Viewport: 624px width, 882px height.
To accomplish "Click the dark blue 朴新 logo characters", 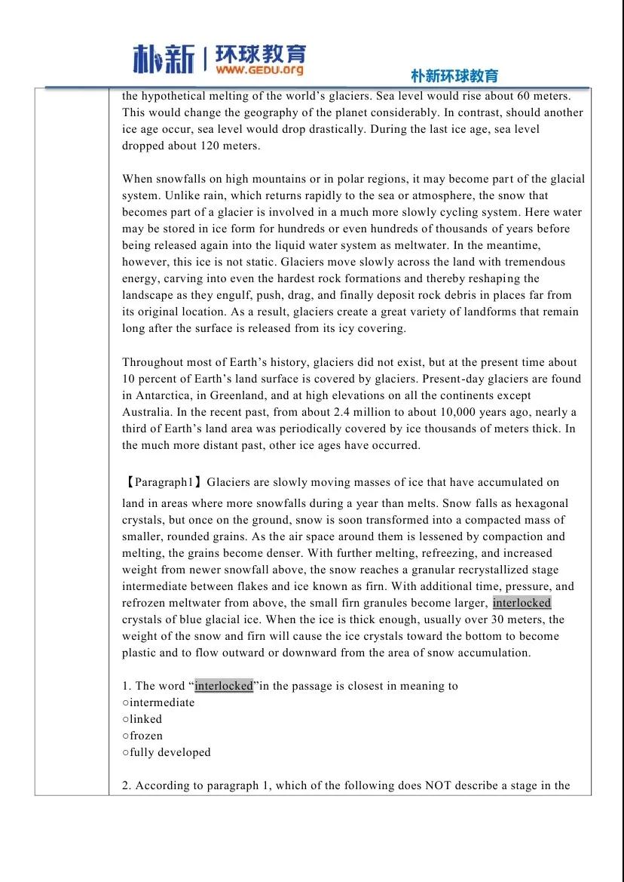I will pos(164,60).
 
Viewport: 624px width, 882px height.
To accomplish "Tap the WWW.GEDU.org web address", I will pos(260,70).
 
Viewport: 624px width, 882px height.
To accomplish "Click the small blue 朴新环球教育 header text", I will pos(454,76).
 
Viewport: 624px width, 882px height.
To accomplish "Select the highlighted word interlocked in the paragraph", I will pos(522,603).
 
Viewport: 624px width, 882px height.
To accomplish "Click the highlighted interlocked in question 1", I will pos(224,686).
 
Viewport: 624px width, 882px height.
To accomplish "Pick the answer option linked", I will pos(145,719).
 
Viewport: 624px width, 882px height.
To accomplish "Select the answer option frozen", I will pos(146,736).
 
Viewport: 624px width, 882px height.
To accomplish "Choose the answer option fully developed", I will pos(170,752).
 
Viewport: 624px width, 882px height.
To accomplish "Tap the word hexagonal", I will pos(543,503).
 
